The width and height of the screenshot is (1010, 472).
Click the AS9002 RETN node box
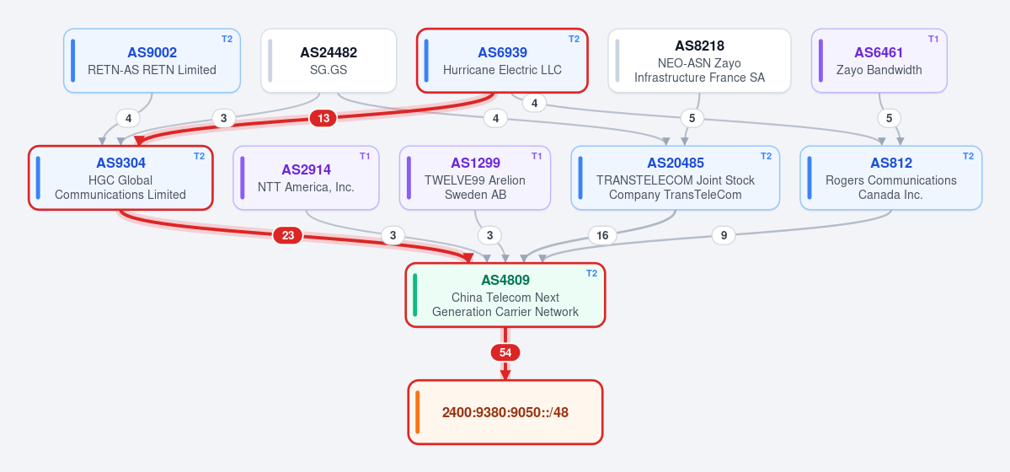[x=152, y=61]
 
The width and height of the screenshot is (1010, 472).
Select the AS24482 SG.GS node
[x=329, y=61]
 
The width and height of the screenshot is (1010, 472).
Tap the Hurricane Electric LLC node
[x=502, y=61]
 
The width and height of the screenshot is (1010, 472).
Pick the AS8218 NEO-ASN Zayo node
[x=699, y=61]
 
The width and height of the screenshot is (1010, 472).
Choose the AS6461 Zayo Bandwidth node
[x=879, y=61]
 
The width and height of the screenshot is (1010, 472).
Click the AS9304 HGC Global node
[x=120, y=178]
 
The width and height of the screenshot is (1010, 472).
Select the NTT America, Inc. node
[x=306, y=178]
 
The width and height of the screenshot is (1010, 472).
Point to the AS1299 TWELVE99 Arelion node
[x=475, y=178]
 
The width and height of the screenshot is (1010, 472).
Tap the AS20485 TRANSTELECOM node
[x=676, y=178]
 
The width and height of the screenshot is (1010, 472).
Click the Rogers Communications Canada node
[x=891, y=178]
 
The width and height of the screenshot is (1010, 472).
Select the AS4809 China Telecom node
[x=505, y=295]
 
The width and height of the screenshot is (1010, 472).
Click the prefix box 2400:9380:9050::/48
[x=505, y=413]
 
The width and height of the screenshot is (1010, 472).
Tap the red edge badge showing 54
[x=505, y=352]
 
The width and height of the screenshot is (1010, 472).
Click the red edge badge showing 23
[x=288, y=236]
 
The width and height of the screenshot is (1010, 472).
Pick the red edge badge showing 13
[x=323, y=119]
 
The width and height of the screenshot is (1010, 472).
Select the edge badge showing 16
[x=602, y=236]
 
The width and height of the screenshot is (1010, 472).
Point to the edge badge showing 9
[x=724, y=236]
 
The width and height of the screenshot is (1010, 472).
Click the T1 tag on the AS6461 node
[x=933, y=39]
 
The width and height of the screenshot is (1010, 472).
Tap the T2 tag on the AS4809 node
[x=591, y=273]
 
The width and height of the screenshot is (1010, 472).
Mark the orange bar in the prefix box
[x=418, y=413]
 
